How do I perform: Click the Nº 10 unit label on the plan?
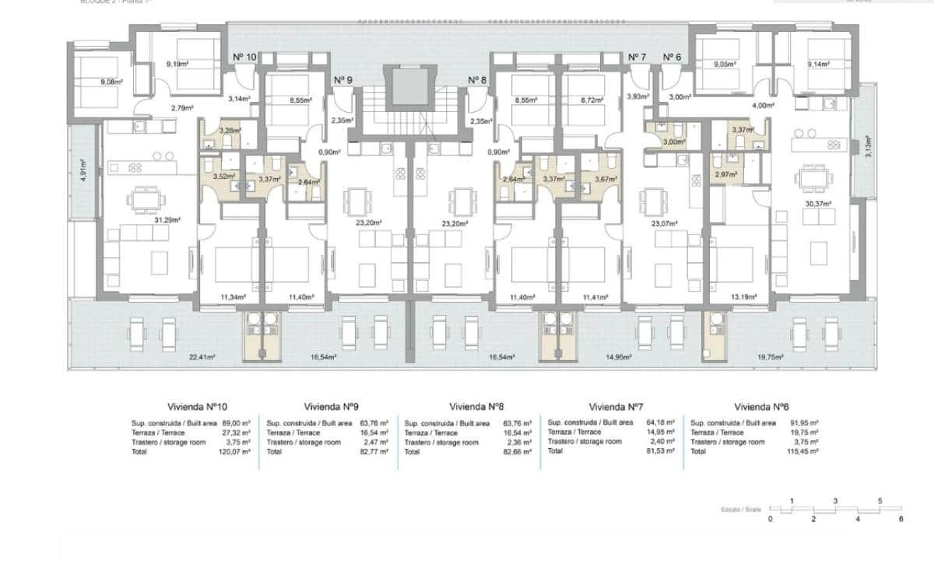click(x=244, y=57)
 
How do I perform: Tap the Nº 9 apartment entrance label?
click(x=343, y=80)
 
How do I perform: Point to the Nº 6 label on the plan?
click(x=672, y=57)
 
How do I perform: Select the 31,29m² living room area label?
click(x=168, y=220)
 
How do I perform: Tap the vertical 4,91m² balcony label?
click(x=83, y=170)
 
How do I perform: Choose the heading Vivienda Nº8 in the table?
click(x=478, y=406)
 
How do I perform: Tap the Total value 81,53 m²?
click(x=666, y=451)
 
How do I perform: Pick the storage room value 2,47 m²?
click(x=376, y=442)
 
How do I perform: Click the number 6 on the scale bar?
click(x=901, y=518)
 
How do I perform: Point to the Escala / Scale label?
click(x=740, y=510)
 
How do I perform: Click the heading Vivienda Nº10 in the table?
click(x=198, y=406)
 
